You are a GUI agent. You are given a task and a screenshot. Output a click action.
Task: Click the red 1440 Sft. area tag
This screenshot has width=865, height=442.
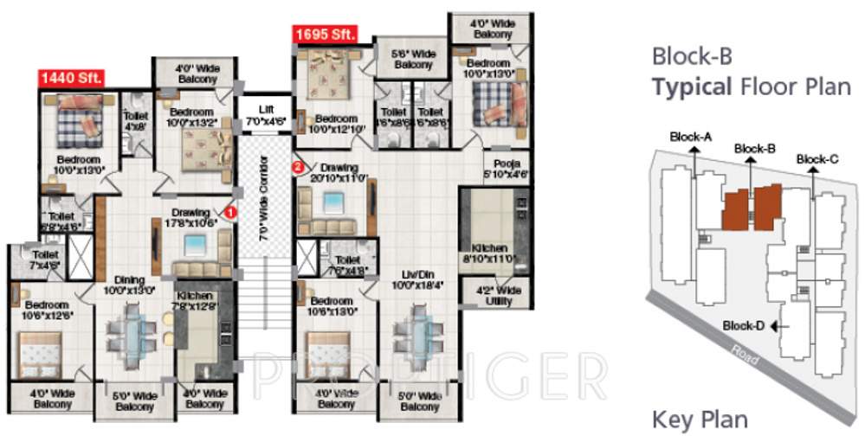[x=71, y=77]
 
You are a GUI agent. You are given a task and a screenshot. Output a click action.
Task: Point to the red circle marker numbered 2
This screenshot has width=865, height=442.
[x=298, y=167]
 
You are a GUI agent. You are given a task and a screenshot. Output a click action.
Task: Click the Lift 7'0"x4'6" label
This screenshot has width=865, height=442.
[x=265, y=115]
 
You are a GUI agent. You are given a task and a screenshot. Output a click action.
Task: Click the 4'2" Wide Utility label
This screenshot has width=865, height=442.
[x=499, y=295]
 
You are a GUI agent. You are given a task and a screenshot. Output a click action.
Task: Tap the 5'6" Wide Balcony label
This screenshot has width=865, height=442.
[x=413, y=59]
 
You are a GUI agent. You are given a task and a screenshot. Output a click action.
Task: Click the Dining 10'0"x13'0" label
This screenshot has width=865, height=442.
[x=129, y=285]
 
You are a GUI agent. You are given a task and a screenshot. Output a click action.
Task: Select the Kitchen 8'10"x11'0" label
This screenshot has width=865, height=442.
[x=488, y=253]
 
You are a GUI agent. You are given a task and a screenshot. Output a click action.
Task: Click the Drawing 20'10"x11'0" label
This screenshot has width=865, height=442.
[x=333, y=172]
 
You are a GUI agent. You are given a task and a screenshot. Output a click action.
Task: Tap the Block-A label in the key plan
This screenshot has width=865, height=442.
[x=691, y=137]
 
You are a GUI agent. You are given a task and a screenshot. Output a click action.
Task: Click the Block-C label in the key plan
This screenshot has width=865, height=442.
[x=817, y=159]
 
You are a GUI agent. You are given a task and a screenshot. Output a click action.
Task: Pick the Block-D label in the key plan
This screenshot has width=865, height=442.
[x=744, y=325]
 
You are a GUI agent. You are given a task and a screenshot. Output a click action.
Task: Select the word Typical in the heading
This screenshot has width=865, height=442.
[x=690, y=86]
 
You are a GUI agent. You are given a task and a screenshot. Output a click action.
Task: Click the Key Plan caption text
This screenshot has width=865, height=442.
[x=700, y=420]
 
